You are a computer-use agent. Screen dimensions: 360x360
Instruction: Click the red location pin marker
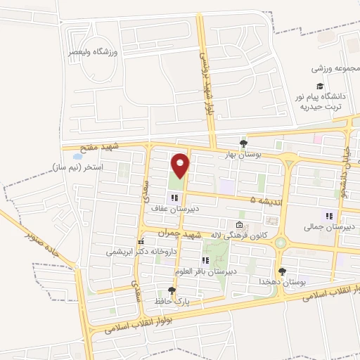coord(181,165)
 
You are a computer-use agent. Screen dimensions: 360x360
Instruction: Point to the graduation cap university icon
coord(330,85)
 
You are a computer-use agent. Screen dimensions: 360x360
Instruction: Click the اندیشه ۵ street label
coord(265,200)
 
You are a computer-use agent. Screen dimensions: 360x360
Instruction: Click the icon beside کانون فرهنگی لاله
coord(240,225)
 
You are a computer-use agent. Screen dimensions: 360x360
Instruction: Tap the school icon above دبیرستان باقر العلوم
coord(205,261)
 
